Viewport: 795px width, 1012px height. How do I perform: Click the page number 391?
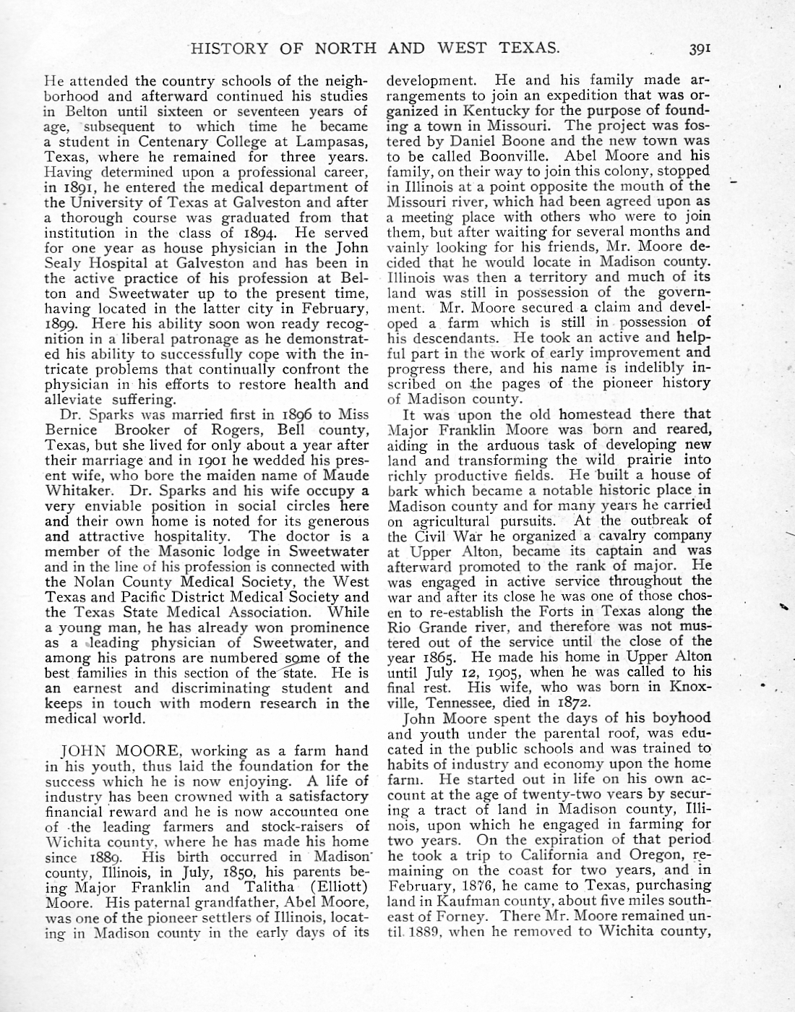point(700,49)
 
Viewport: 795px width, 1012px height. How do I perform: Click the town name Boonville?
point(517,156)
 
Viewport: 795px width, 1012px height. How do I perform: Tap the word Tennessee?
point(452,702)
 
